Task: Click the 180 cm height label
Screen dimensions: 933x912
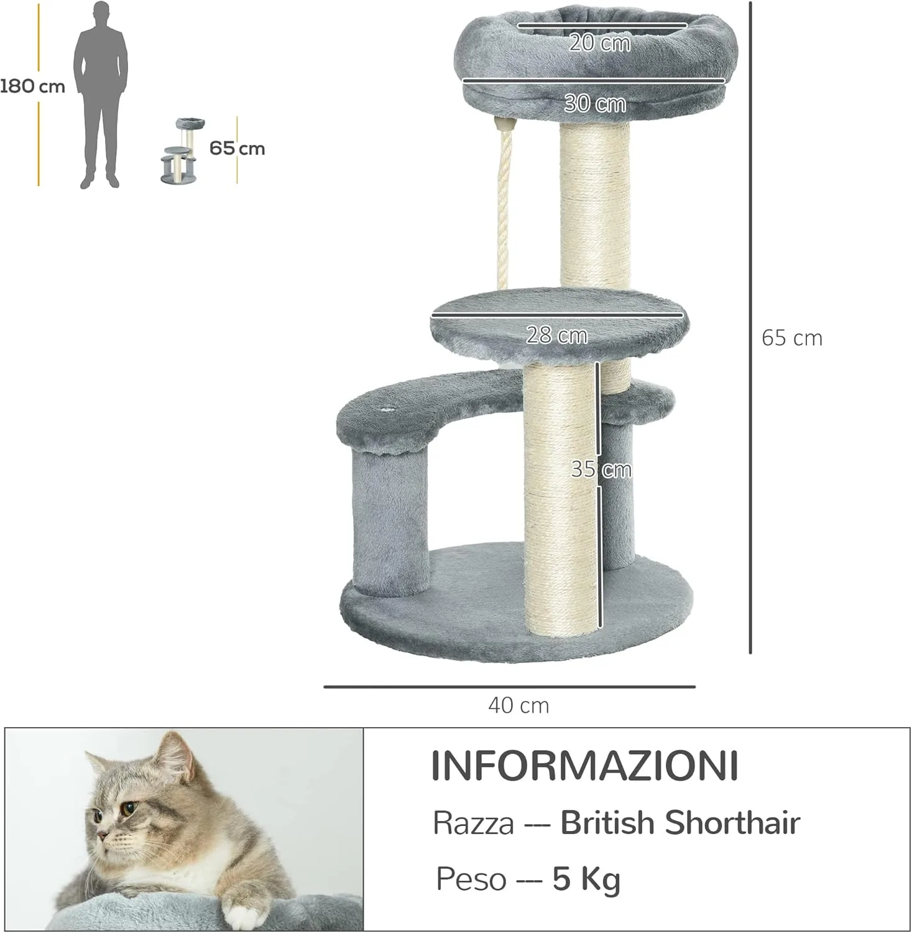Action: coord(32,86)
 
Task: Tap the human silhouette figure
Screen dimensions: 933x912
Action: coord(101,93)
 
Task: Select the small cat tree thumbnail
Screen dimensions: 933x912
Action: coord(179,151)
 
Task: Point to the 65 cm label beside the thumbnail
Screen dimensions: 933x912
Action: coord(237,149)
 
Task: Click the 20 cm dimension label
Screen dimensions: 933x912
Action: coord(600,43)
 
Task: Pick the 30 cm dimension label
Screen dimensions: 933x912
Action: coord(595,103)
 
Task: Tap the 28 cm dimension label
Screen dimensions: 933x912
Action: coord(557,335)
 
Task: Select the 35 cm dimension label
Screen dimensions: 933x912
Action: coord(601,469)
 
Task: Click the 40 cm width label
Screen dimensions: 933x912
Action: coord(518,705)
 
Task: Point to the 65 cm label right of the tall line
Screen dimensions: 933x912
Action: coord(791,338)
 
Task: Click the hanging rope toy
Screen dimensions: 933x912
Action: coord(504,205)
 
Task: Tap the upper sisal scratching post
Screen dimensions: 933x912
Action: coord(595,205)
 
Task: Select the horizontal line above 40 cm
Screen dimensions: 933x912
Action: coord(509,687)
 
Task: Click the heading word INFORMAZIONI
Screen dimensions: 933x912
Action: coord(585,766)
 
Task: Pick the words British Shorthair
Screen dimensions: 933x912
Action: coord(680,823)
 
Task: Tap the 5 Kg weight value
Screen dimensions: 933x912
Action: coord(586,879)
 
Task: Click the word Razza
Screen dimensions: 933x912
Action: coord(473,824)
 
